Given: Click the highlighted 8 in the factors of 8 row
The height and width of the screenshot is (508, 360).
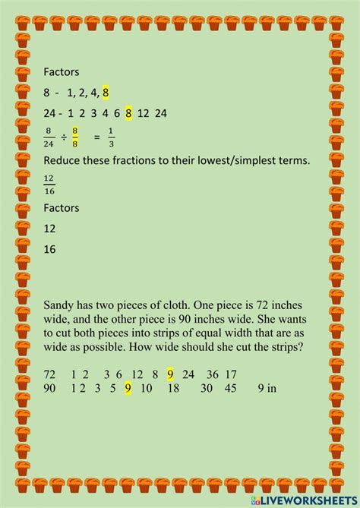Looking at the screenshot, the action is tap(106, 93).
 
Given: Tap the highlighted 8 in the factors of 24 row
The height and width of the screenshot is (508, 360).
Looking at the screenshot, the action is tap(129, 114).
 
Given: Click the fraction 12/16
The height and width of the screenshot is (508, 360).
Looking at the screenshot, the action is tap(49, 182).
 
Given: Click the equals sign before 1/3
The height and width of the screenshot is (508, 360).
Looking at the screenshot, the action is tap(96, 137).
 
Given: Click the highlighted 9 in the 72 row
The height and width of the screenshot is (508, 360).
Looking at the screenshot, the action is tap(170, 374).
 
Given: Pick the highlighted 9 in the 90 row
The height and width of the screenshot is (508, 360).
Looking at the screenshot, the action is tap(128, 387).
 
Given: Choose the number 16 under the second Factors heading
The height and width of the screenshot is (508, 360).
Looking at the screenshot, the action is tap(50, 248).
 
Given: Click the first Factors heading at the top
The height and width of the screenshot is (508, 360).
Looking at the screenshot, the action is tap(62, 71).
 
